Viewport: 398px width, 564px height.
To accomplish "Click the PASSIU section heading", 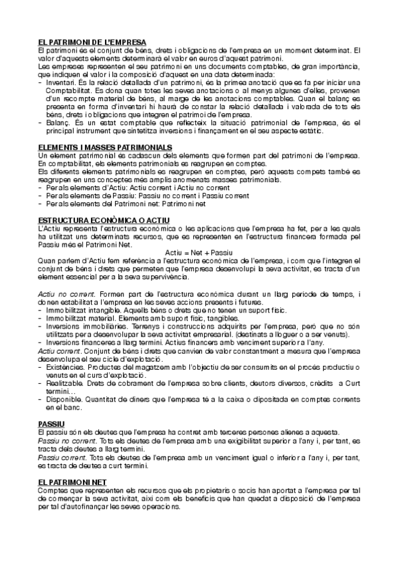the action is click(50, 424).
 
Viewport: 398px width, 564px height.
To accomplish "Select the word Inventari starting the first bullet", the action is click(61, 82).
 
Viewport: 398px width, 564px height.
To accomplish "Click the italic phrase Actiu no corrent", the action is click(62, 294).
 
